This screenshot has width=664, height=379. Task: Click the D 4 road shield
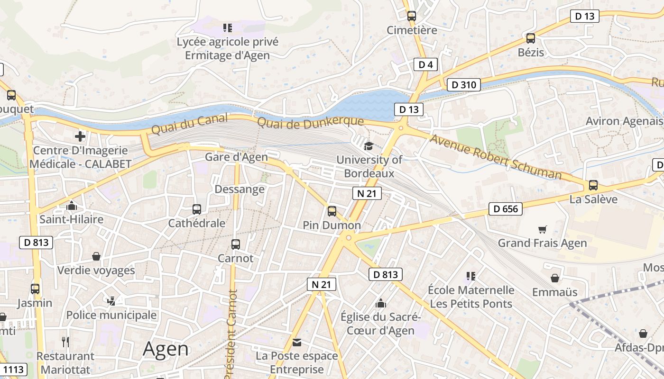coord(425,64)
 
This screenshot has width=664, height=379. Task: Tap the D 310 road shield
coord(463,85)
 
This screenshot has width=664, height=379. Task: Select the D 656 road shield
coord(505,209)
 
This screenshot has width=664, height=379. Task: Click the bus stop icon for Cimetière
coord(411,16)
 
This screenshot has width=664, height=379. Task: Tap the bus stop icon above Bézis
coord(530,38)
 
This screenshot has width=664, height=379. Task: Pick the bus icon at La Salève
coord(593,185)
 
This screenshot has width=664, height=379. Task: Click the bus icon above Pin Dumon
coord(332,211)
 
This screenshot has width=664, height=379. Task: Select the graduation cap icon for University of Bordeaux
coord(369,145)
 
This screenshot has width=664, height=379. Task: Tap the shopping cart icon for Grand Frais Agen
coord(543,229)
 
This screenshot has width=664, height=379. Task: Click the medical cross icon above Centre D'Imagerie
coord(80,136)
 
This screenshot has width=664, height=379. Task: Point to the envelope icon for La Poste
coord(297,342)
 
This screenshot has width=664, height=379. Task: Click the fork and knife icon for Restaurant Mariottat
coord(65,342)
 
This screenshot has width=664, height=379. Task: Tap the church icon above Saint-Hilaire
coord(72,206)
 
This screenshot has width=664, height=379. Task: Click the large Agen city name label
coord(166,349)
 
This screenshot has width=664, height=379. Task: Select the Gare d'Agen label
coord(236,157)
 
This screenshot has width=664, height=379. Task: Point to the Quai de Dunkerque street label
coord(310,122)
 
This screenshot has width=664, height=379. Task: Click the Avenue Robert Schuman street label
coord(495,157)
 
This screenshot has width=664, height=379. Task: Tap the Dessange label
coord(240,189)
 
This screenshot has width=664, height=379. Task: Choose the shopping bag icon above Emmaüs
coord(554,278)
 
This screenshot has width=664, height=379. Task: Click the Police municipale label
coord(111,315)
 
